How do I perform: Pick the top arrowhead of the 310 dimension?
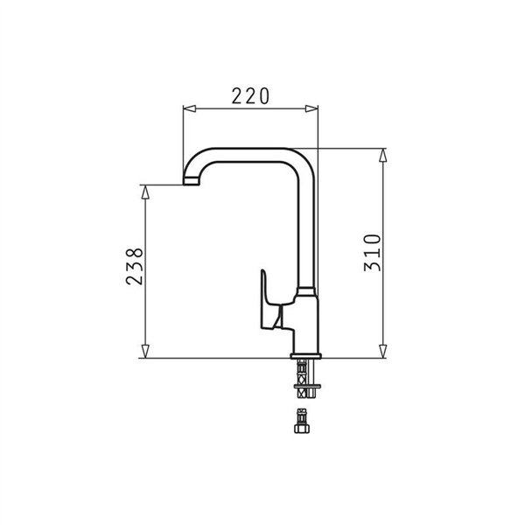click(383, 156)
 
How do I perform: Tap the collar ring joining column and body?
click(305, 290)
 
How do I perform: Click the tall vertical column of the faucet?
click(305, 227)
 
